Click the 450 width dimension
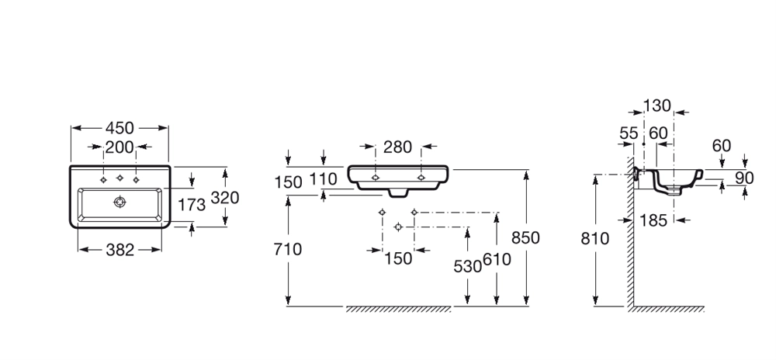[x=120, y=128]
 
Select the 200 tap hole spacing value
[x=120, y=147]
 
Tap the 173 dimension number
[x=192, y=205]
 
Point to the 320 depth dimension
[x=225, y=198]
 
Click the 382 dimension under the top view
[x=120, y=250]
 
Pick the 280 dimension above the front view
[x=398, y=147]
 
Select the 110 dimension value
[x=324, y=179]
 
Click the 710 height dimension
[x=289, y=249]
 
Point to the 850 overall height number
[x=526, y=237]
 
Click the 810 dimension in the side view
[x=596, y=239]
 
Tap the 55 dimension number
[x=629, y=133]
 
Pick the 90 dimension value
[x=745, y=178]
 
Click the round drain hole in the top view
[x=120, y=202]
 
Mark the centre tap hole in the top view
[x=120, y=178]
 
